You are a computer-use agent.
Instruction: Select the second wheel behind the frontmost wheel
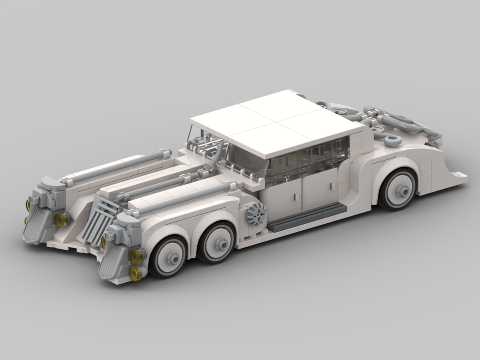(218, 243)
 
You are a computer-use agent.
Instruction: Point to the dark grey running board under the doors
(307, 216)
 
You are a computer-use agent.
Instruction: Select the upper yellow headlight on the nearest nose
(136, 256)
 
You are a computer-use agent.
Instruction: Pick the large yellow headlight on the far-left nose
(61, 220)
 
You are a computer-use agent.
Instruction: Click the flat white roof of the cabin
(276, 122)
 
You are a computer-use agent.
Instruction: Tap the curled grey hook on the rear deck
(389, 140)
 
